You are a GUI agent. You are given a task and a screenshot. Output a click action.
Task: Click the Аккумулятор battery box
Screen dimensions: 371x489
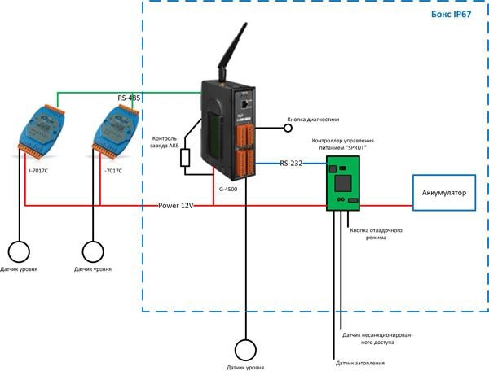tap(443, 192)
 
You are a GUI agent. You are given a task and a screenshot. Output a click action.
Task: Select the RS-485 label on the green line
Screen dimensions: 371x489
tap(129, 98)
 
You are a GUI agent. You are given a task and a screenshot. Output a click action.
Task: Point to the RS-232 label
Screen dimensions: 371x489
tap(291, 164)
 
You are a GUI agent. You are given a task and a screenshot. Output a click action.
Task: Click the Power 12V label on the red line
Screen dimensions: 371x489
tap(175, 206)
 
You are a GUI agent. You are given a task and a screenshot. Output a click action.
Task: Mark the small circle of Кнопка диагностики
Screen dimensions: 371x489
tap(287, 127)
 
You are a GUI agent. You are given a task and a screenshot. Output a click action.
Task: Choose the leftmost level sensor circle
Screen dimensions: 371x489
tap(20, 251)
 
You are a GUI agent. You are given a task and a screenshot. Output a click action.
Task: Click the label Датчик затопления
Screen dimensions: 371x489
tap(360, 363)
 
